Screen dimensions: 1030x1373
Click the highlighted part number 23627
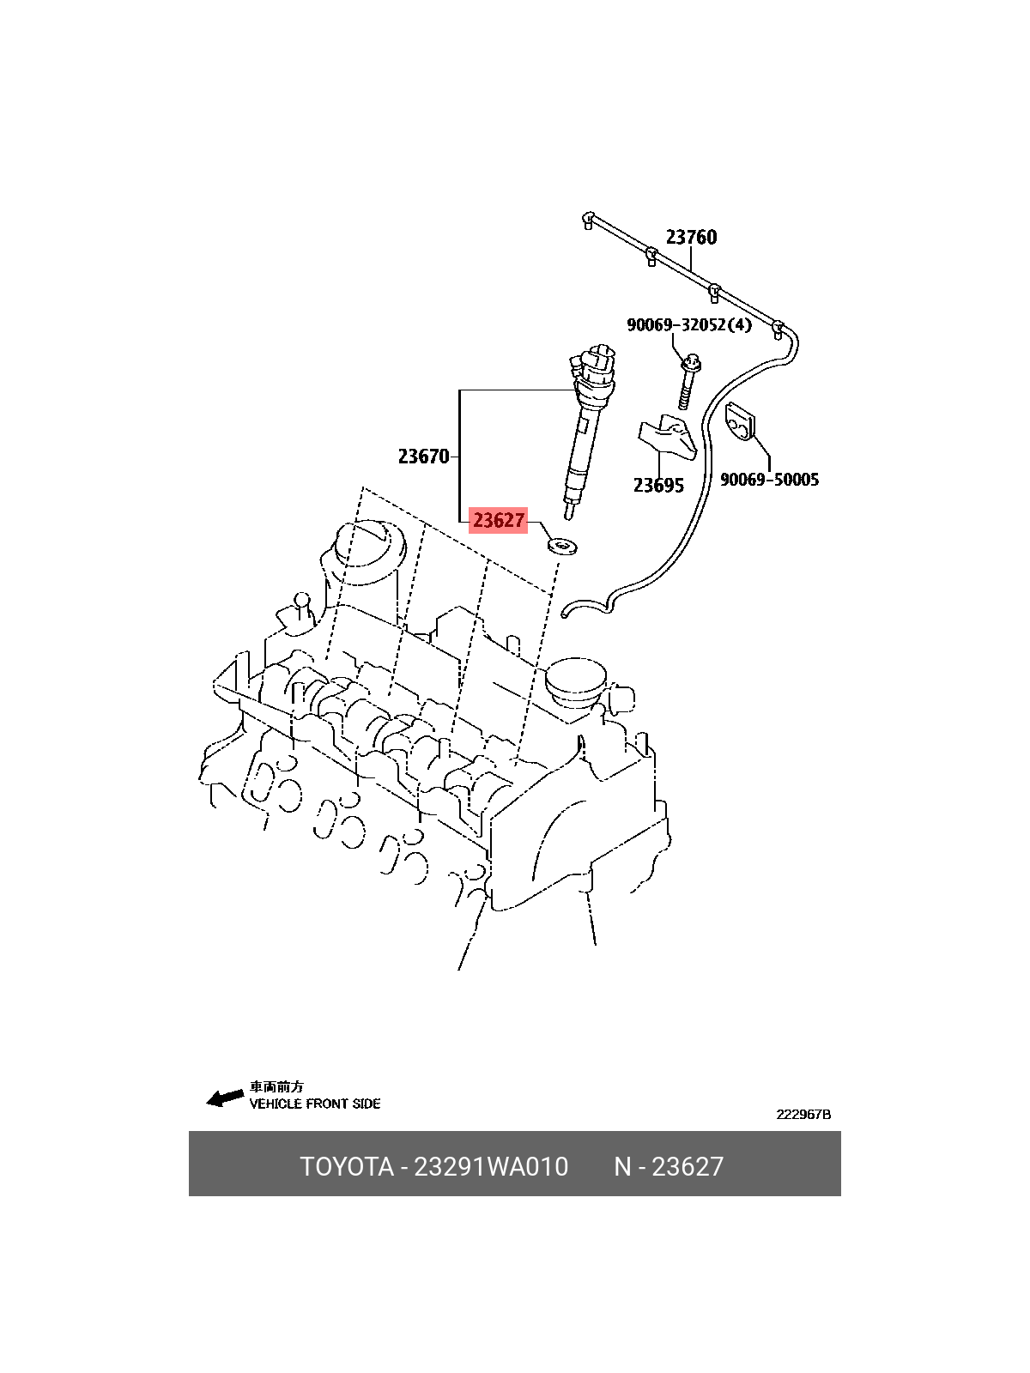(x=499, y=520)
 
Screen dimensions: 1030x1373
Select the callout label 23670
(x=423, y=457)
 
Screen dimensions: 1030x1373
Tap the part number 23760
(x=691, y=237)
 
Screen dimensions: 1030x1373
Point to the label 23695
(x=658, y=486)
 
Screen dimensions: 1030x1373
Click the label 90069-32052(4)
(x=689, y=324)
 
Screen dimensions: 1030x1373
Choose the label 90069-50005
(x=769, y=480)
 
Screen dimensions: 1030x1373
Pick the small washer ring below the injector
(x=561, y=546)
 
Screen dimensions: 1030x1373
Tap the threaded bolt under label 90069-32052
(x=688, y=382)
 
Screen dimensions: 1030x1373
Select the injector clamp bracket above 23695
(x=667, y=438)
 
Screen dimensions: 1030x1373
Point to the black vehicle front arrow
(x=225, y=1098)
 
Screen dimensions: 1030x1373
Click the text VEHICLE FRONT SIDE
(x=314, y=1104)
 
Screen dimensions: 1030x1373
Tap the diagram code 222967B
(x=803, y=1114)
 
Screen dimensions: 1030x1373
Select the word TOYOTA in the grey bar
(x=347, y=1166)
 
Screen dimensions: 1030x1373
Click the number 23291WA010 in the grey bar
(x=492, y=1166)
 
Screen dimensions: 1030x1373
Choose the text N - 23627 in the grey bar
(x=669, y=1166)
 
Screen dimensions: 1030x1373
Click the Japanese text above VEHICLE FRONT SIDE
(x=276, y=1087)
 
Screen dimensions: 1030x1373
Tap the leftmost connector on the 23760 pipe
(x=588, y=221)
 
